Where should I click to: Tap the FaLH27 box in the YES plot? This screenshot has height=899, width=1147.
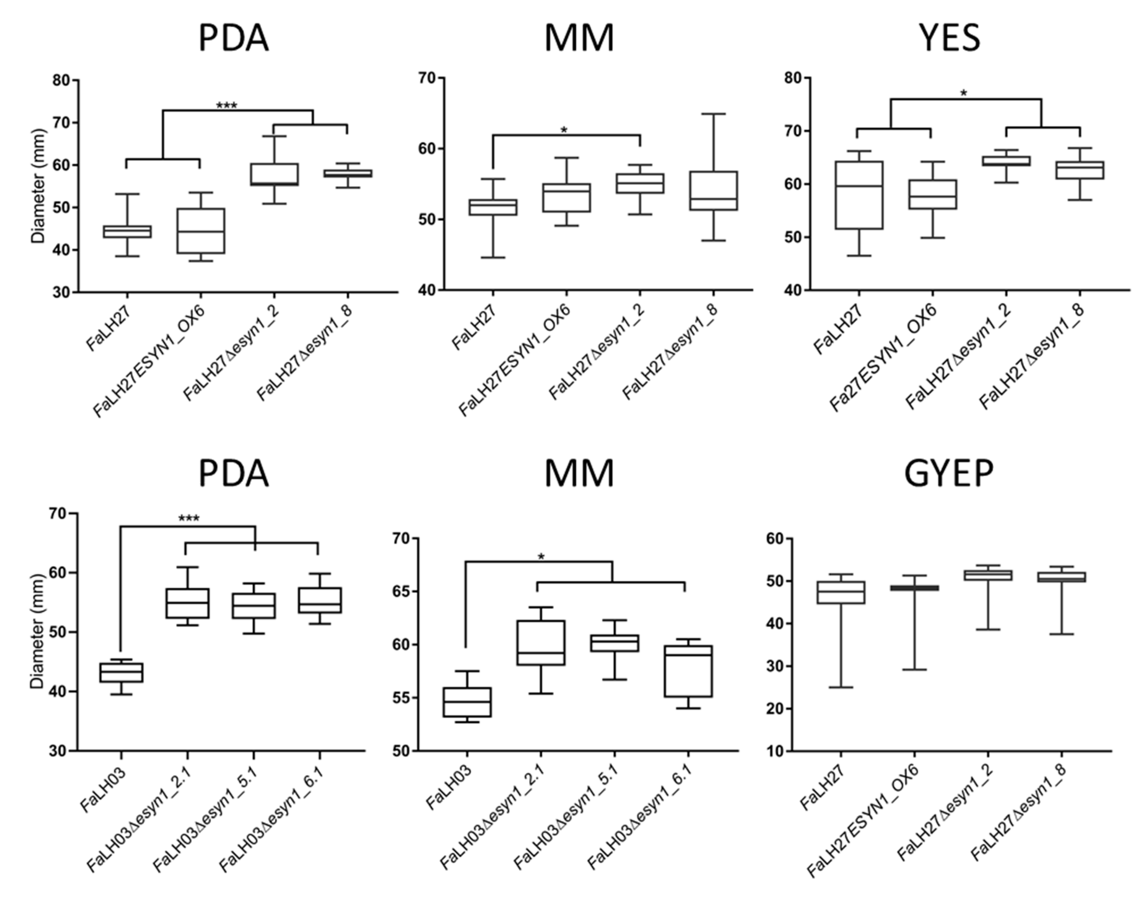click(859, 195)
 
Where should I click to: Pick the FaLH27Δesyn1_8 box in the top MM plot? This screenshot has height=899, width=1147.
click(713, 190)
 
